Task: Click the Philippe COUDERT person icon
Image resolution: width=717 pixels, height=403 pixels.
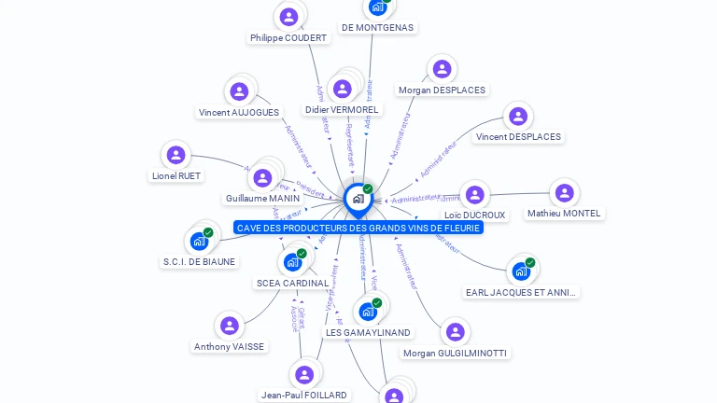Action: (x=289, y=16)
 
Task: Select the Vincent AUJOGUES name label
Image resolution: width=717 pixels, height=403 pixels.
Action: (x=239, y=112)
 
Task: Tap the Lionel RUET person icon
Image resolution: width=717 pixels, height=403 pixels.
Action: (x=176, y=155)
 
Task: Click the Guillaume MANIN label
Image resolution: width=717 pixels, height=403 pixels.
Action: (x=262, y=198)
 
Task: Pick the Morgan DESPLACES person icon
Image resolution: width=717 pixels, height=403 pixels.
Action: (x=442, y=69)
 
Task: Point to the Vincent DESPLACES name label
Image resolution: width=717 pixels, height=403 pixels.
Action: (x=518, y=136)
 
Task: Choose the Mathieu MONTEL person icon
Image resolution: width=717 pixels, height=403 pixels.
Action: (x=564, y=193)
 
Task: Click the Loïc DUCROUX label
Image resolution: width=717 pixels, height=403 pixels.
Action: (x=475, y=215)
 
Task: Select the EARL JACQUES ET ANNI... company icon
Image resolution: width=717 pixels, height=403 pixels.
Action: (x=521, y=271)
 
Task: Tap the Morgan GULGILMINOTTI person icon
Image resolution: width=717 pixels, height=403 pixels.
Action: (x=455, y=332)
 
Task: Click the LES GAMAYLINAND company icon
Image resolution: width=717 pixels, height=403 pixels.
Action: (x=368, y=312)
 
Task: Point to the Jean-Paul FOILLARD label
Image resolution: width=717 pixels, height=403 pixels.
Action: (x=304, y=395)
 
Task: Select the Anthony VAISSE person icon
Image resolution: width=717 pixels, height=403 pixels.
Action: (x=230, y=326)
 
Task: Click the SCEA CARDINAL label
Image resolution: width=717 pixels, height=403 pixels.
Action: (x=292, y=283)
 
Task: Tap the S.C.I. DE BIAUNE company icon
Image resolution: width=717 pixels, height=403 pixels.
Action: (x=199, y=241)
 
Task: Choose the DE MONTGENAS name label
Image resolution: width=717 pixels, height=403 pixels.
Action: (x=377, y=27)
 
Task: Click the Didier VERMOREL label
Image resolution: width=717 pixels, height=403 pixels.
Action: (x=342, y=109)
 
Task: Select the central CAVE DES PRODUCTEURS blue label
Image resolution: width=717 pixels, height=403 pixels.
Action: (x=358, y=228)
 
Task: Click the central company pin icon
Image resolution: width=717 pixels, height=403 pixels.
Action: (x=358, y=199)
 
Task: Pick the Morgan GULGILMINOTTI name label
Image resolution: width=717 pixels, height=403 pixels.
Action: (x=456, y=353)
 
